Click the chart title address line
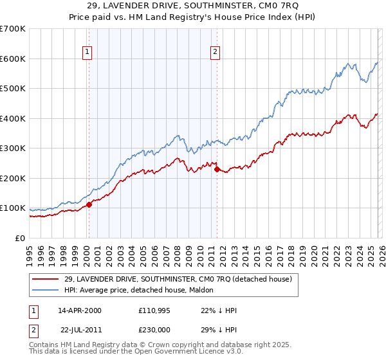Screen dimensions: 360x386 (x=192, y=7)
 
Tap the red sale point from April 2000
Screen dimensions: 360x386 (x=89, y=204)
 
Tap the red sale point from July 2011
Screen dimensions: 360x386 (x=217, y=169)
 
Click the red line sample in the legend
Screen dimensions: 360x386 (x=46, y=279)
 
